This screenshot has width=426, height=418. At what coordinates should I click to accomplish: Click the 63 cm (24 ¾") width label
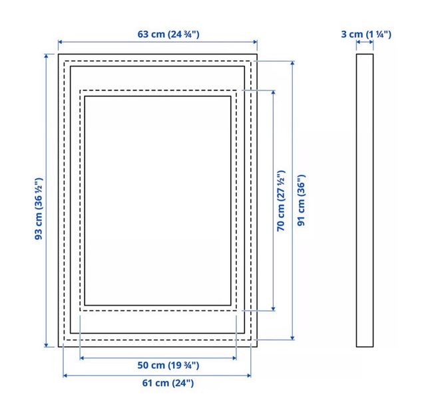[x=168, y=34]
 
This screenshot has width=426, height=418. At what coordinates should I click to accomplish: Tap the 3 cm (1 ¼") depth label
[x=366, y=34]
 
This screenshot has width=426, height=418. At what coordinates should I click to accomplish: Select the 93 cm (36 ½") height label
[x=39, y=209]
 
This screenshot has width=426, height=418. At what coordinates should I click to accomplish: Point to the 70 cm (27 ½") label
[x=281, y=201]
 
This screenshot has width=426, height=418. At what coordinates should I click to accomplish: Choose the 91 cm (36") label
[x=302, y=200]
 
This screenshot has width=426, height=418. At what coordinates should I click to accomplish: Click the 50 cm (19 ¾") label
[x=168, y=365]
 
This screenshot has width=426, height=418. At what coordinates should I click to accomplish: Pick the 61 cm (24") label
[x=168, y=383]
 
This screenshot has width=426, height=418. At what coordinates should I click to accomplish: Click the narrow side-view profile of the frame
[x=365, y=201]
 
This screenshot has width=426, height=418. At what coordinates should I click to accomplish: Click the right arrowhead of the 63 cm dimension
[x=255, y=42]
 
